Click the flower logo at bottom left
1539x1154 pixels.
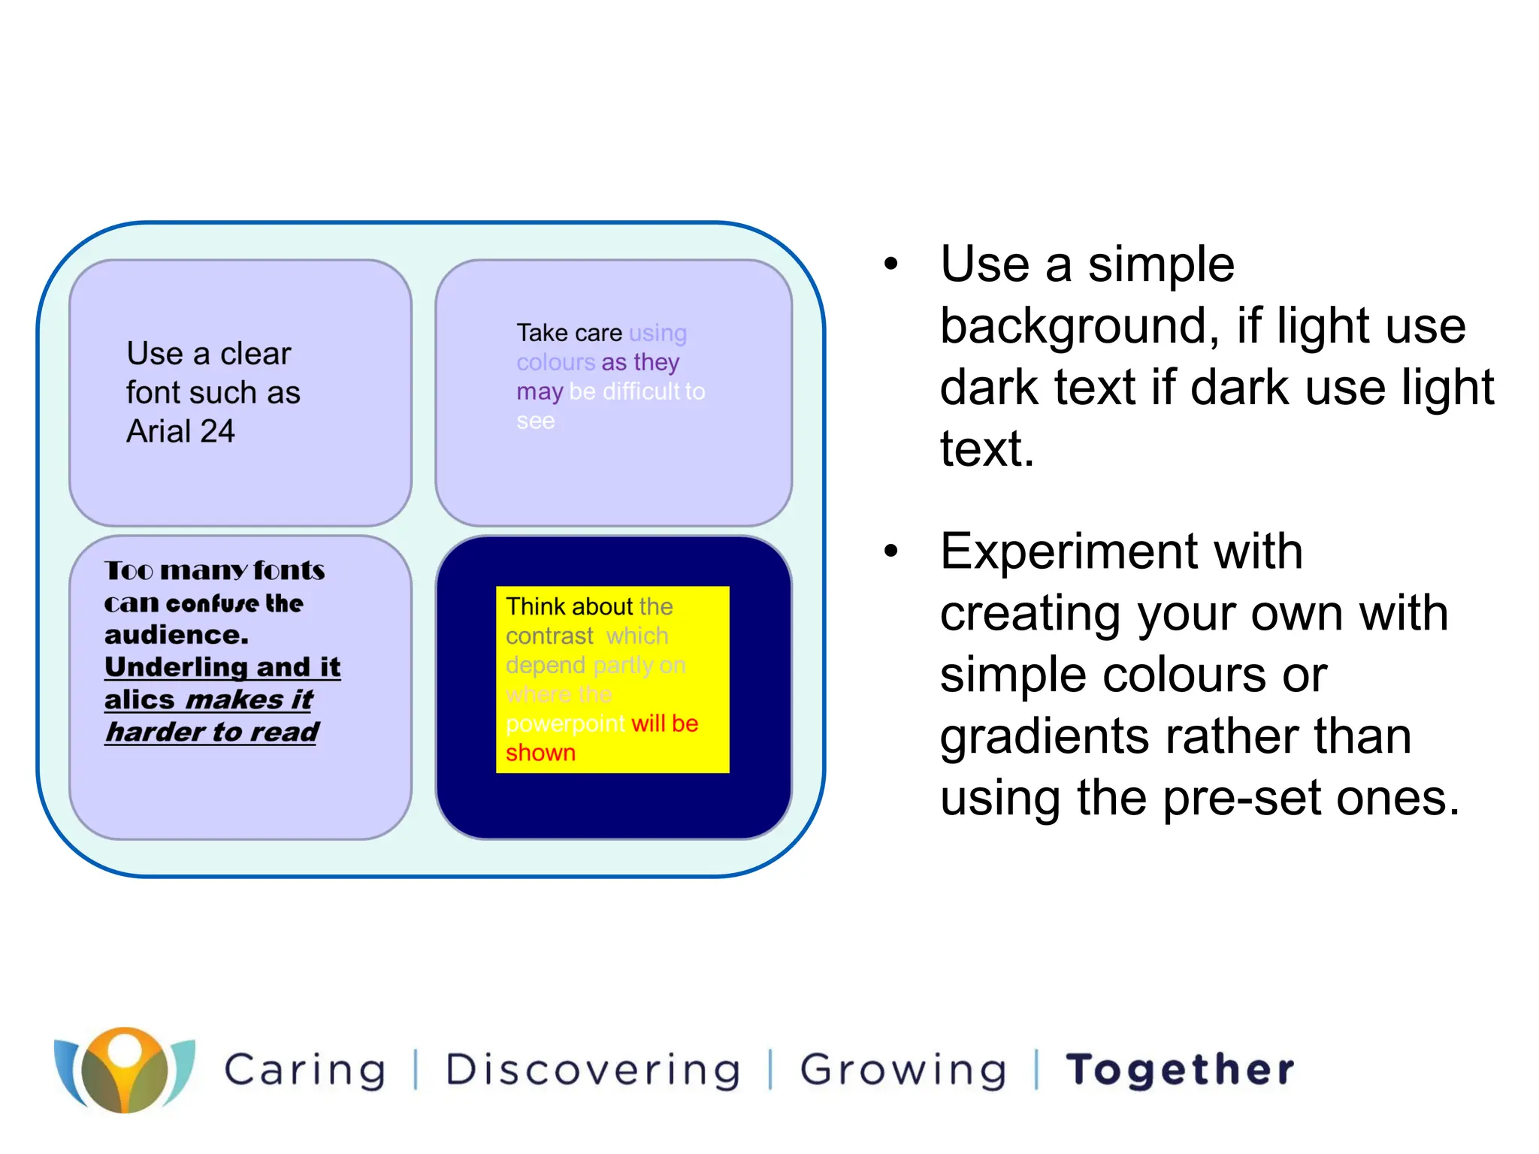click(x=124, y=1069)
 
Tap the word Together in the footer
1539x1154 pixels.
click(x=1181, y=1070)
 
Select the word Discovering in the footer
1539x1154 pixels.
click(x=593, y=1070)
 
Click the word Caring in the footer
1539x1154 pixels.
click(x=305, y=1070)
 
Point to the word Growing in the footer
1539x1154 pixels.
click(x=903, y=1070)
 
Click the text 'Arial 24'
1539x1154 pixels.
click(x=180, y=431)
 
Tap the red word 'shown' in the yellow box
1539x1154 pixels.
click(x=540, y=753)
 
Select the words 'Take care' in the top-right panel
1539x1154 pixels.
click(x=569, y=332)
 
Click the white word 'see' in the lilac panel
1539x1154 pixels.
click(x=535, y=421)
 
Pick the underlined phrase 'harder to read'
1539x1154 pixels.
click(x=212, y=731)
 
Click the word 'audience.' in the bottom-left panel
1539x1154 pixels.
click(x=177, y=635)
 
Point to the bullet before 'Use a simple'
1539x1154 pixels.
click(x=891, y=264)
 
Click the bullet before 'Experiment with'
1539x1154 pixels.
click(x=891, y=551)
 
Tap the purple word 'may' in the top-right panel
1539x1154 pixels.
click(x=539, y=391)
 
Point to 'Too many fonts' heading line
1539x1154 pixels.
click(x=214, y=570)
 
